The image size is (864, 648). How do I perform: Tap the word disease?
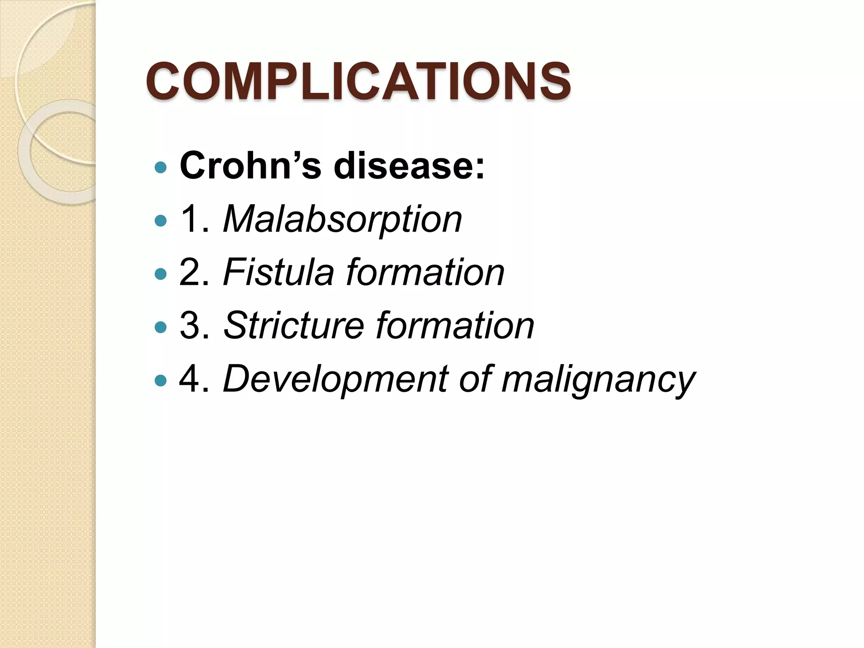pos(409,166)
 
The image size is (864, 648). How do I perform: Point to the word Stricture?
pos(293,326)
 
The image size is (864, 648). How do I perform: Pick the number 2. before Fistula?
pos(194,273)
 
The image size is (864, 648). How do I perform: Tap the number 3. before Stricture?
pos(194,326)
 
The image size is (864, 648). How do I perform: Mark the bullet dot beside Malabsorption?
pos(161,221)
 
